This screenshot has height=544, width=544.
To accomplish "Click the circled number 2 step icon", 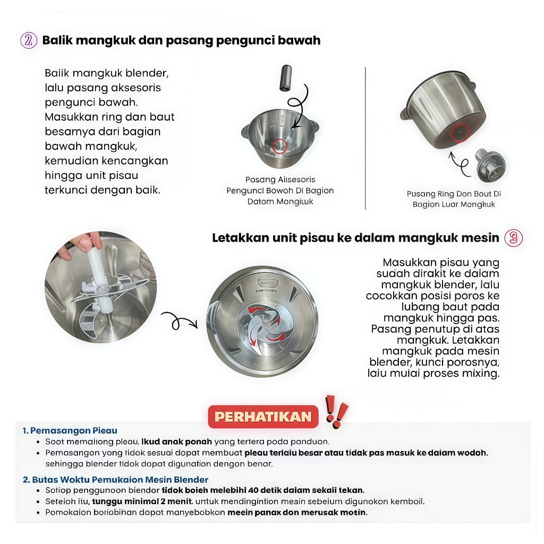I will (29, 41).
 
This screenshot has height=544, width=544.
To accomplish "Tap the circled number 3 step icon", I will (513, 237).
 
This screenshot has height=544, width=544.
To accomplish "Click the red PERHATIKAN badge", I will (262, 416).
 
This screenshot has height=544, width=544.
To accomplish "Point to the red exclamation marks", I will (336, 411).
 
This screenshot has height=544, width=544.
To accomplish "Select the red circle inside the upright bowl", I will (279, 146).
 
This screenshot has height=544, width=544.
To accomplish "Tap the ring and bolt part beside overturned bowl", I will (488, 164).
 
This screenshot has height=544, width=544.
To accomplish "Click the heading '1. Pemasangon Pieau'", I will (70, 430).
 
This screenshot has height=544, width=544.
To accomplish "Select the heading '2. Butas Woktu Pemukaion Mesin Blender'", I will (115, 480).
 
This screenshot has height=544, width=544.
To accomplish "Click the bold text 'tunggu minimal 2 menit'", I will (141, 501).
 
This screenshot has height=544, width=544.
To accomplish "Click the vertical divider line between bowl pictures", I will (365, 138).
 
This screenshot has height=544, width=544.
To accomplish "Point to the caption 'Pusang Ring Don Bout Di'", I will (454, 194).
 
